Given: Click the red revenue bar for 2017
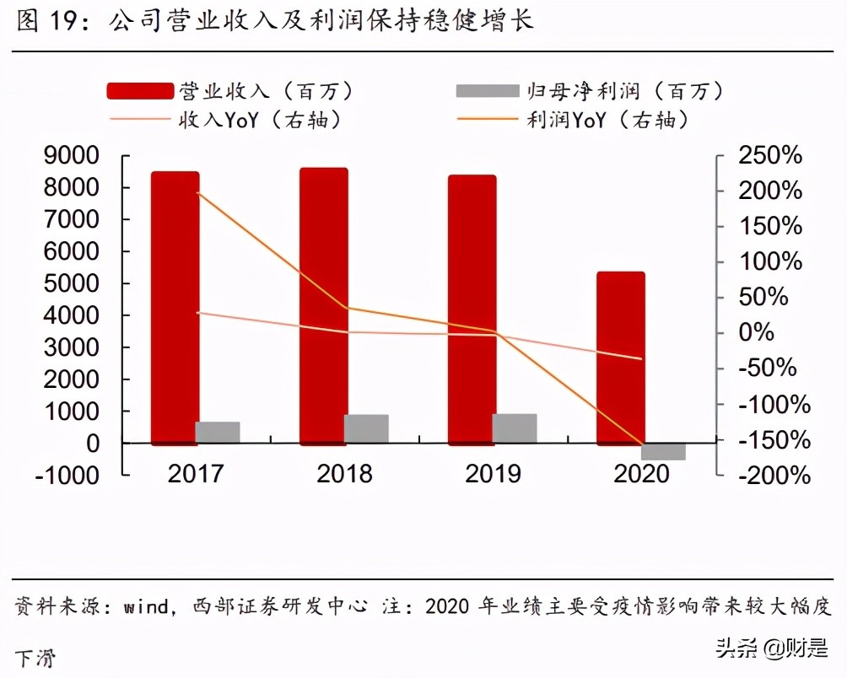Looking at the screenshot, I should [175, 308].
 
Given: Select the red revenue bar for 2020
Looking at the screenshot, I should [621, 358].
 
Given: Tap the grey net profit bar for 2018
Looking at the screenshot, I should [366, 428].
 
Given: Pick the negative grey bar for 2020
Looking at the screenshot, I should [664, 451].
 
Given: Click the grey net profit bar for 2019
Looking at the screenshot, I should [515, 428].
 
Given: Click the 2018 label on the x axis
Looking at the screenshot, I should [344, 473].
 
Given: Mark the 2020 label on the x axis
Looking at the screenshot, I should [641, 473].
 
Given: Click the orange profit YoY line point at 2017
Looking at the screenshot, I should [197, 193].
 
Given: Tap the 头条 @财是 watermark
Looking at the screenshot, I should [771, 648].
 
